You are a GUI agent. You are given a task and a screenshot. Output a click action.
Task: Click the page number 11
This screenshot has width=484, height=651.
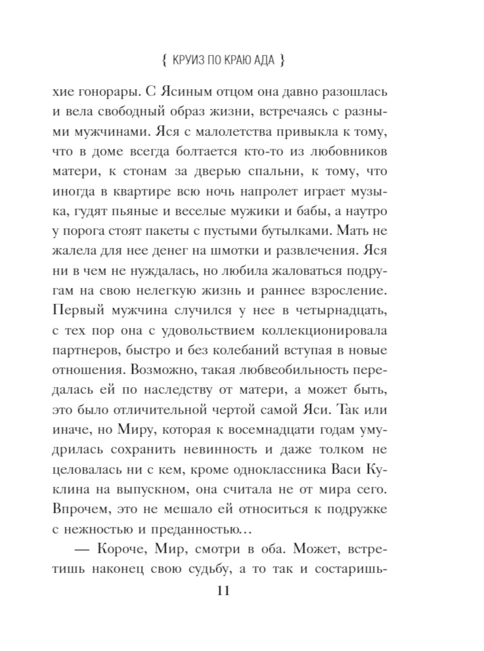pyautogui.click(x=223, y=591)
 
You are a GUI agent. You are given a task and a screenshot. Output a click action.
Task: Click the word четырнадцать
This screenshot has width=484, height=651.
pyautogui.click(x=334, y=310)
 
